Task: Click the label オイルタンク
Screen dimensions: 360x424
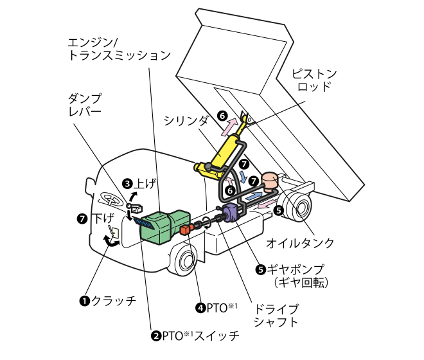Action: tap(300, 243)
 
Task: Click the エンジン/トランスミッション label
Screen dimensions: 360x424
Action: tap(119, 50)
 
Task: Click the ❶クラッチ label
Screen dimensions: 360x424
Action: tap(107, 300)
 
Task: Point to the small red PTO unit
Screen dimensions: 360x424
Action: tap(186, 229)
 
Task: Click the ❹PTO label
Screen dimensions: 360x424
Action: tap(216, 307)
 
